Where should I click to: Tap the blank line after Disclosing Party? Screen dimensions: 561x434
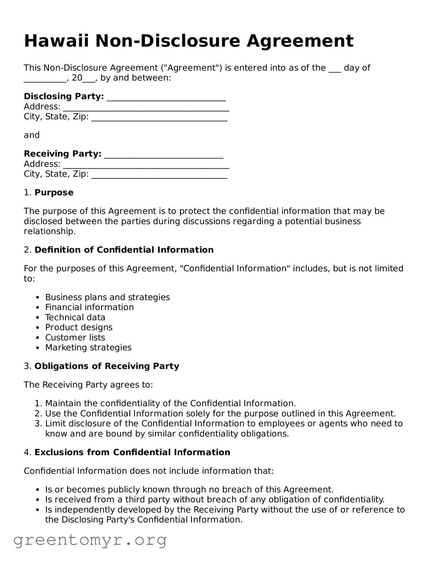pos(166,97)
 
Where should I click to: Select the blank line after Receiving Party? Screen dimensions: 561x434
pos(163,155)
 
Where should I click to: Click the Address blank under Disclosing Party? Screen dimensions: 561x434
pos(146,108)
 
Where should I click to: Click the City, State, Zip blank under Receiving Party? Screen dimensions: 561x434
pos(159,175)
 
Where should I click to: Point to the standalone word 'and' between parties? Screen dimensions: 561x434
pos(32,135)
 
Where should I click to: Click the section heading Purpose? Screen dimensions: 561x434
pos(54,193)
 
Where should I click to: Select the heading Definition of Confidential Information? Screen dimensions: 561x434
pos(124,250)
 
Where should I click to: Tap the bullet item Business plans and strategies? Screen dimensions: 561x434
pos(107,297)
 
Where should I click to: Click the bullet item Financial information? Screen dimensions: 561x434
pos(89,308)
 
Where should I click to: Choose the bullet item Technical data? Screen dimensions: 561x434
pos(75,318)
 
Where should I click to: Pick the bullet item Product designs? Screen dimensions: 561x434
pos(79,328)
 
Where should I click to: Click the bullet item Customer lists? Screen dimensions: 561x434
pos(75,338)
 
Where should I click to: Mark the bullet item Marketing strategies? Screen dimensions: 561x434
pos(88,348)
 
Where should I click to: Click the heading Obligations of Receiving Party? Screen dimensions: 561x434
pos(107,367)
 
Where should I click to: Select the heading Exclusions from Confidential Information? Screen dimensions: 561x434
pos(132,453)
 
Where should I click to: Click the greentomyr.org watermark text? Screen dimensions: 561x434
pos(90,540)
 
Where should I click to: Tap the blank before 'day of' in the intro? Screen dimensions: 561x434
pos(334,69)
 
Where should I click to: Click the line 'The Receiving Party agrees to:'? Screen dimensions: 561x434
pos(88,385)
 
